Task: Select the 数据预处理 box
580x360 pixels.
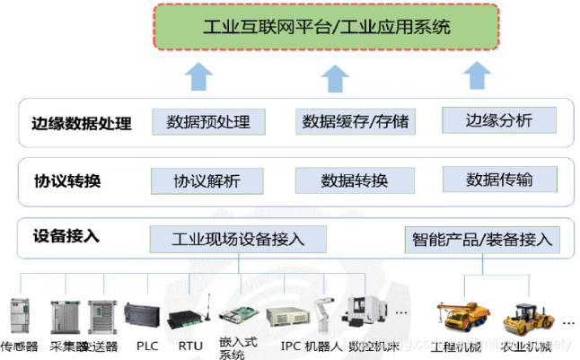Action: pos(208,122)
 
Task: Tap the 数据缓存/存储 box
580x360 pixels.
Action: pos(354,122)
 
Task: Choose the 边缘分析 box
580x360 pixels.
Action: pos(498,120)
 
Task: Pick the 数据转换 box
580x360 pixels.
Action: pos(354,180)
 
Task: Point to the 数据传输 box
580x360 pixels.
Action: pos(498,180)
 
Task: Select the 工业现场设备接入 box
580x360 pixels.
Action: pos(238,240)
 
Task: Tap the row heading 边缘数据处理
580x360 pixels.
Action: pos(75,124)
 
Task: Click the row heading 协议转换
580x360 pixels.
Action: pos(66,181)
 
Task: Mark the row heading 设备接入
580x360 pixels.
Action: pos(66,237)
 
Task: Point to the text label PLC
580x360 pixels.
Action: pos(146,345)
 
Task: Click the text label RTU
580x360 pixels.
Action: pos(190,345)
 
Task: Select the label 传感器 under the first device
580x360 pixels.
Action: pos(20,346)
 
